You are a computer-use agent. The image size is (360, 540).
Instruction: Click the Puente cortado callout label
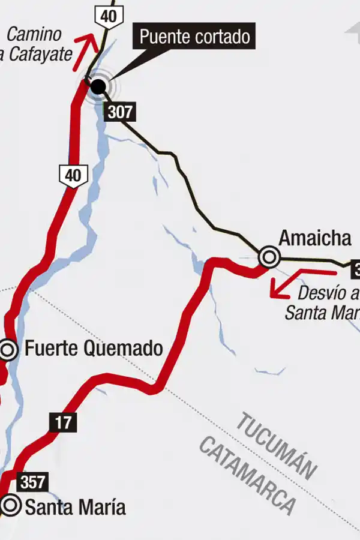[x=194, y=37]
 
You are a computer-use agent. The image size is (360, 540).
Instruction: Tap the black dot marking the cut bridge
[x=98, y=87]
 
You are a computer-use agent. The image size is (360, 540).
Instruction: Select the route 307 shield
[x=119, y=112]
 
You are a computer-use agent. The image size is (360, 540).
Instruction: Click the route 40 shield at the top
[x=109, y=16]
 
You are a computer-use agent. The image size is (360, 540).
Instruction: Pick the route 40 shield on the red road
[x=73, y=175]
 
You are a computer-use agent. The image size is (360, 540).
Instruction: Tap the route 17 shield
[x=63, y=422]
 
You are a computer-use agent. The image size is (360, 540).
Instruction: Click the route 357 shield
[x=32, y=482]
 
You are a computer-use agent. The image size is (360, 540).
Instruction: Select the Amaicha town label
[x=314, y=238]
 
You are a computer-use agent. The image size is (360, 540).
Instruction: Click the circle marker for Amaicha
[x=269, y=257]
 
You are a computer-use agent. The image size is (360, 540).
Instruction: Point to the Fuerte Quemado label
[x=94, y=348]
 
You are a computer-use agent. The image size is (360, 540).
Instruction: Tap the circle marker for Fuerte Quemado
[x=8, y=349]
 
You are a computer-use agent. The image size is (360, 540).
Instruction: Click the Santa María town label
[x=75, y=508]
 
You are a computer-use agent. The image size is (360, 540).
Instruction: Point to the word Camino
[x=34, y=34]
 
